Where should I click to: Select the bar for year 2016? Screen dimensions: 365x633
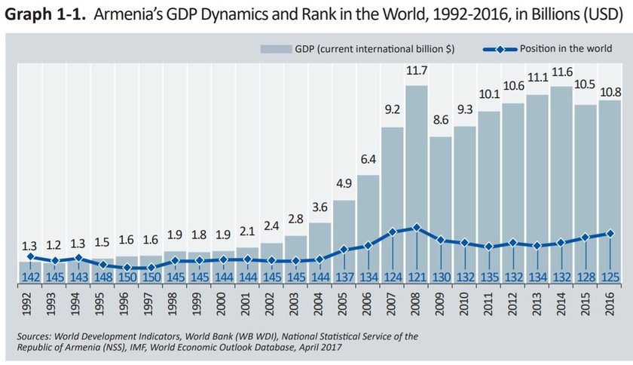610,189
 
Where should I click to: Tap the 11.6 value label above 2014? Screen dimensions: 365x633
561,72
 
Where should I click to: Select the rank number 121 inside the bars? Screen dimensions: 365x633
417,278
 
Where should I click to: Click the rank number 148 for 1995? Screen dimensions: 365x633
102,278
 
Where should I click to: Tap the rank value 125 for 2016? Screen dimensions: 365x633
610,278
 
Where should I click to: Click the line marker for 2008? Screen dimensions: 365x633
417,227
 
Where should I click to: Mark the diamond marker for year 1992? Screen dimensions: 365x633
30,256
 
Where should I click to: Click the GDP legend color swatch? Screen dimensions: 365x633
276,49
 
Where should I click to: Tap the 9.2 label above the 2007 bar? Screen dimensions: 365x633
393,110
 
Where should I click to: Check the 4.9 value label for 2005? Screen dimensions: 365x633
344,183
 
